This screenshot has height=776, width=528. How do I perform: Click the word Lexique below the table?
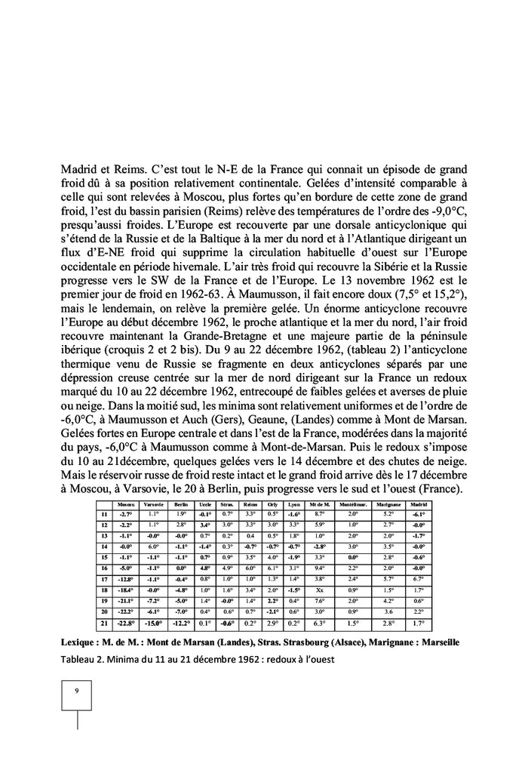click(80, 640)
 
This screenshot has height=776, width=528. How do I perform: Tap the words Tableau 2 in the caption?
click(81, 657)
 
